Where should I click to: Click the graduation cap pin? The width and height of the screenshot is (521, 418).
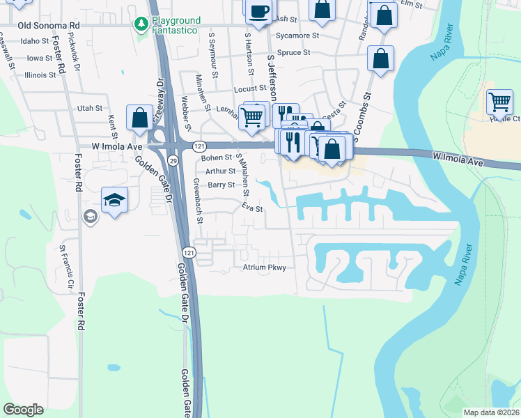114,201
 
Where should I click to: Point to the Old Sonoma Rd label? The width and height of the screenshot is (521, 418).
49,25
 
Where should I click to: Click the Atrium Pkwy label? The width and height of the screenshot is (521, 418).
264,267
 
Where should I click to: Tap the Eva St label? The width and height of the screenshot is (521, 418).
251,208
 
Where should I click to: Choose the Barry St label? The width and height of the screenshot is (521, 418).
221,185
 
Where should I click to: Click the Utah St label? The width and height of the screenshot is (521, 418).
90,108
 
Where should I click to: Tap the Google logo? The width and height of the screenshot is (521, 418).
24,410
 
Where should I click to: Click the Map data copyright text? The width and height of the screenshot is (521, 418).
492,412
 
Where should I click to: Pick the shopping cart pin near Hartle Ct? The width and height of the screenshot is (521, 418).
499,102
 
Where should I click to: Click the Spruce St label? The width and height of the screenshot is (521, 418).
293,52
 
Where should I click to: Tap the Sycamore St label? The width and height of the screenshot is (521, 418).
297,35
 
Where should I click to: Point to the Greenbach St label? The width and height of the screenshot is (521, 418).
199,201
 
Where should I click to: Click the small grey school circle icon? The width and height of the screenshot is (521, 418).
90,217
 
